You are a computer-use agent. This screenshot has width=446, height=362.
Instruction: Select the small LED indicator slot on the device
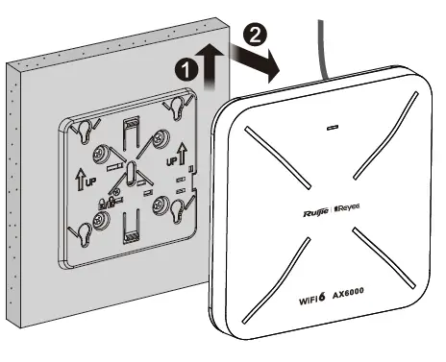pos(333,127)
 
